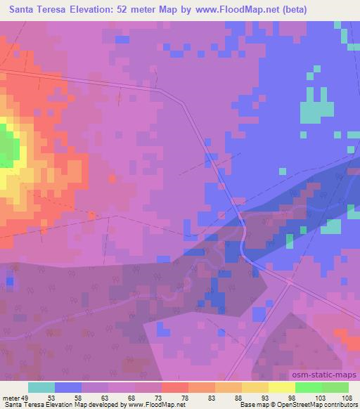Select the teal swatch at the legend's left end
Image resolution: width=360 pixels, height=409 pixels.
[x=41, y=387]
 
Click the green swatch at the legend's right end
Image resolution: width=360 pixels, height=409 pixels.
[x=335, y=387]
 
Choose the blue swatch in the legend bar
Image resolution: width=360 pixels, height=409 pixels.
[x=68, y=387]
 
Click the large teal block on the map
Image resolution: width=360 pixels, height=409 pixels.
[x=318, y=108]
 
